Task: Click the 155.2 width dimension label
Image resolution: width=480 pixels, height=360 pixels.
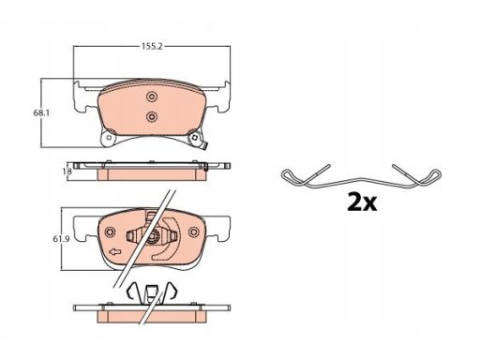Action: coord(152,47)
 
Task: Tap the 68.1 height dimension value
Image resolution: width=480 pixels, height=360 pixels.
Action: coord(41,113)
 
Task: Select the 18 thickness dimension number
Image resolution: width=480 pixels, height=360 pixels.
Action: coord(67,172)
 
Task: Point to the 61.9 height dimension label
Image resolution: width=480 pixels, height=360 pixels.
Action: coord(61,239)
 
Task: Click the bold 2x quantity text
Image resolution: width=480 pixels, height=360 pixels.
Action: coord(362,202)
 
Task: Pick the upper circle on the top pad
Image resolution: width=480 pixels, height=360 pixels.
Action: coord(152,97)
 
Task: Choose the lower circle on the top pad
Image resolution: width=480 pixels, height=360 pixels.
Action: coord(152,116)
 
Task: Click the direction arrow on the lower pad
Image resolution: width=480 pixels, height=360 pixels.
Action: coord(114,251)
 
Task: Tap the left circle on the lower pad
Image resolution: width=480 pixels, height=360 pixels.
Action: coord(110,232)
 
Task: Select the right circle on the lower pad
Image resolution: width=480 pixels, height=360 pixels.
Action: coord(194,232)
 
